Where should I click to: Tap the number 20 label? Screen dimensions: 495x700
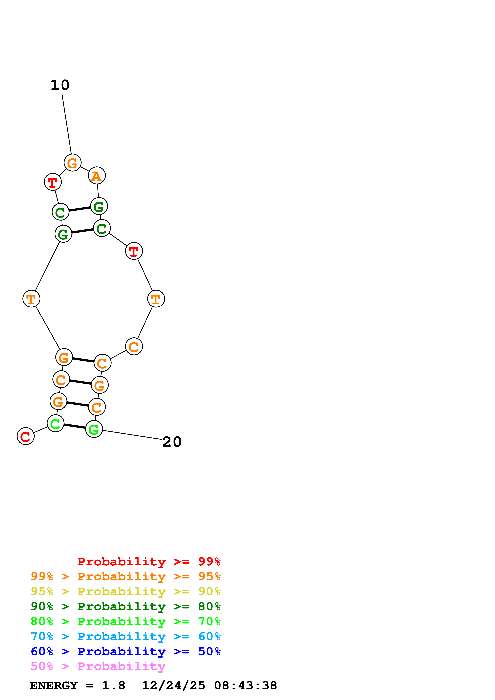[172, 442]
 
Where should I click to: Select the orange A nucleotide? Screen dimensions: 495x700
[97, 176]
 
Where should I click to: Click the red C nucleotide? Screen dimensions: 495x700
[26, 436]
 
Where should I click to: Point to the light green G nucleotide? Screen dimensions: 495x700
[94, 429]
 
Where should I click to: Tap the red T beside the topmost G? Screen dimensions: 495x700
[53, 182]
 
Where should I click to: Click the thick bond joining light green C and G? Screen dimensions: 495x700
[75, 426]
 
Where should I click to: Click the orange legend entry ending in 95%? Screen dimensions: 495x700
[125, 576]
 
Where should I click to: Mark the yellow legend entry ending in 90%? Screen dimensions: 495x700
[125, 591]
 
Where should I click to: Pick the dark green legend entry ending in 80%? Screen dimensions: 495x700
[125, 606]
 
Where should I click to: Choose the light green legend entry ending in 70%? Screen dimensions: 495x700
[125, 621]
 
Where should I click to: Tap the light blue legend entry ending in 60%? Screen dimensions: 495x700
[125, 636]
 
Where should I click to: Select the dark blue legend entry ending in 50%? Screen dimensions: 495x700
[125, 651]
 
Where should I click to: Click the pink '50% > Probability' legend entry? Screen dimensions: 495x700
[98, 666]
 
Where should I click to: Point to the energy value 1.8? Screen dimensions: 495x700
[113, 686]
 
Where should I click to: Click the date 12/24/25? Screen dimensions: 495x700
[174, 686]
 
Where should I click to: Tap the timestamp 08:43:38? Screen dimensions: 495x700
[246, 686]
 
